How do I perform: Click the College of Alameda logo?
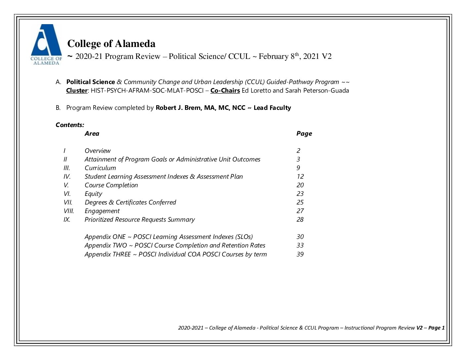click(46, 44)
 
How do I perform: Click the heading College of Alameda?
click(111, 44)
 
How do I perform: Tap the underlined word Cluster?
click(76, 91)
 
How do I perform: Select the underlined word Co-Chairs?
click(225, 91)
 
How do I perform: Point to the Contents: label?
click(70, 125)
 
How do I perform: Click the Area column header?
click(92, 134)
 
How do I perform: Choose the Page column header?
click(304, 134)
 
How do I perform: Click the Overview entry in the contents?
click(97, 151)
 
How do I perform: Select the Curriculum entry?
click(100, 168)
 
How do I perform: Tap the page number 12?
click(300, 177)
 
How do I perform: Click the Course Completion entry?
click(111, 185)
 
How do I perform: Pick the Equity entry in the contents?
click(93, 194)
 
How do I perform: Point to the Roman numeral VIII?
click(69, 211)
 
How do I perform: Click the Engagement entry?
click(102, 211)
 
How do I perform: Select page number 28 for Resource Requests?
click(300, 220)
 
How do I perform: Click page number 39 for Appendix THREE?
click(300, 254)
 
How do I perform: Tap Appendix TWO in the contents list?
click(106, 246)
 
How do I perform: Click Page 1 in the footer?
click(436, 328)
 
